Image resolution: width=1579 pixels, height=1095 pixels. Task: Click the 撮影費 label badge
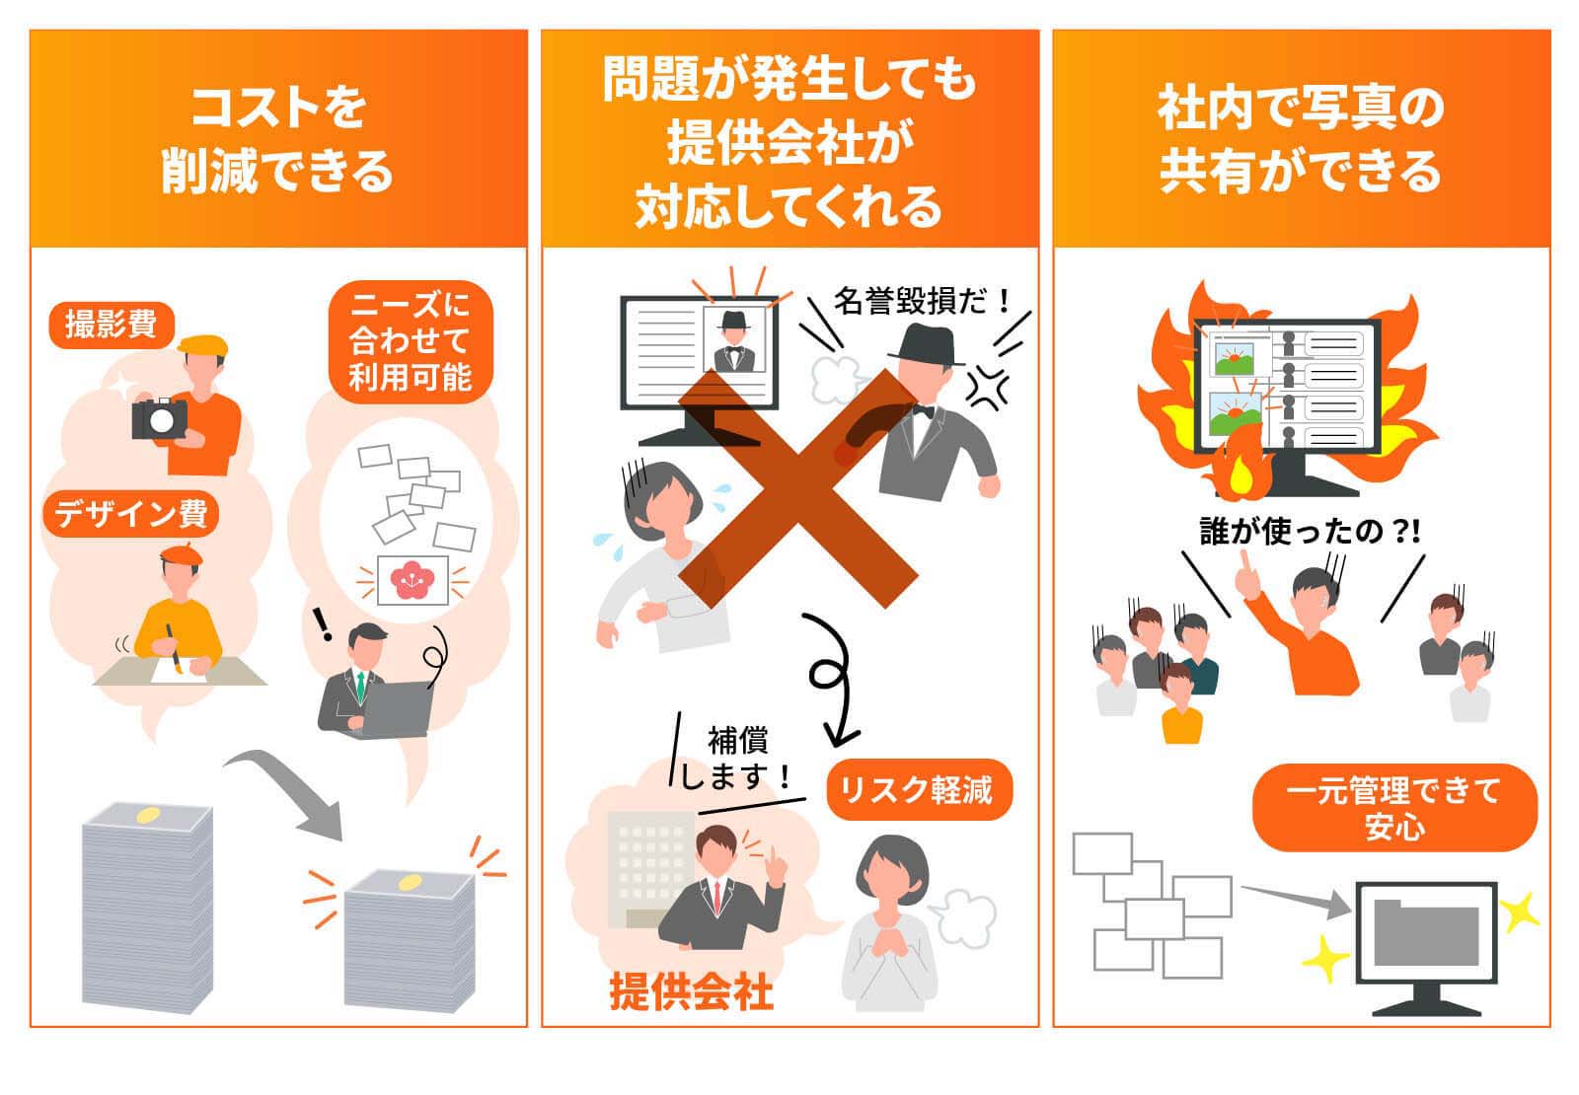pyautogui.click(x=111, y=325)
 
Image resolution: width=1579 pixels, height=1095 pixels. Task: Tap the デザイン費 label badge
pyautogui.click(x=130, y=514)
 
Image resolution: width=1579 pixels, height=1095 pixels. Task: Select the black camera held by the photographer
pyautogui.click(x=159, y=418)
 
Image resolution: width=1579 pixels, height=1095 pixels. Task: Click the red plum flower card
pyautogui.click(x=412, y=580)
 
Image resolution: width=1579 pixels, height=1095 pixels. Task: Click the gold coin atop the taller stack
pyautogui.click(x=148, y=815)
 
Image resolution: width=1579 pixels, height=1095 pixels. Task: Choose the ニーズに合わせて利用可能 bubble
pyautogui.click(x=410, y=340)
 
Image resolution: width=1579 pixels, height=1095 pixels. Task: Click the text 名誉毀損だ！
pyautogui.click(x=923, y=300)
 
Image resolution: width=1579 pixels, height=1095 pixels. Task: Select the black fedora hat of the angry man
pyautogui.click(x=926, y=344)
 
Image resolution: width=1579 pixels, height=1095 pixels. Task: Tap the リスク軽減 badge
pyautogui.click(x=918, y=789)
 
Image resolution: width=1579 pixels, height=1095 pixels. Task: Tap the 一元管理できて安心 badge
pyautogui.click(x=1393, y=807)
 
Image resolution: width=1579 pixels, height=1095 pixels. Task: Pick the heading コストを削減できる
pyautogui.click(x=277, y=138)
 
